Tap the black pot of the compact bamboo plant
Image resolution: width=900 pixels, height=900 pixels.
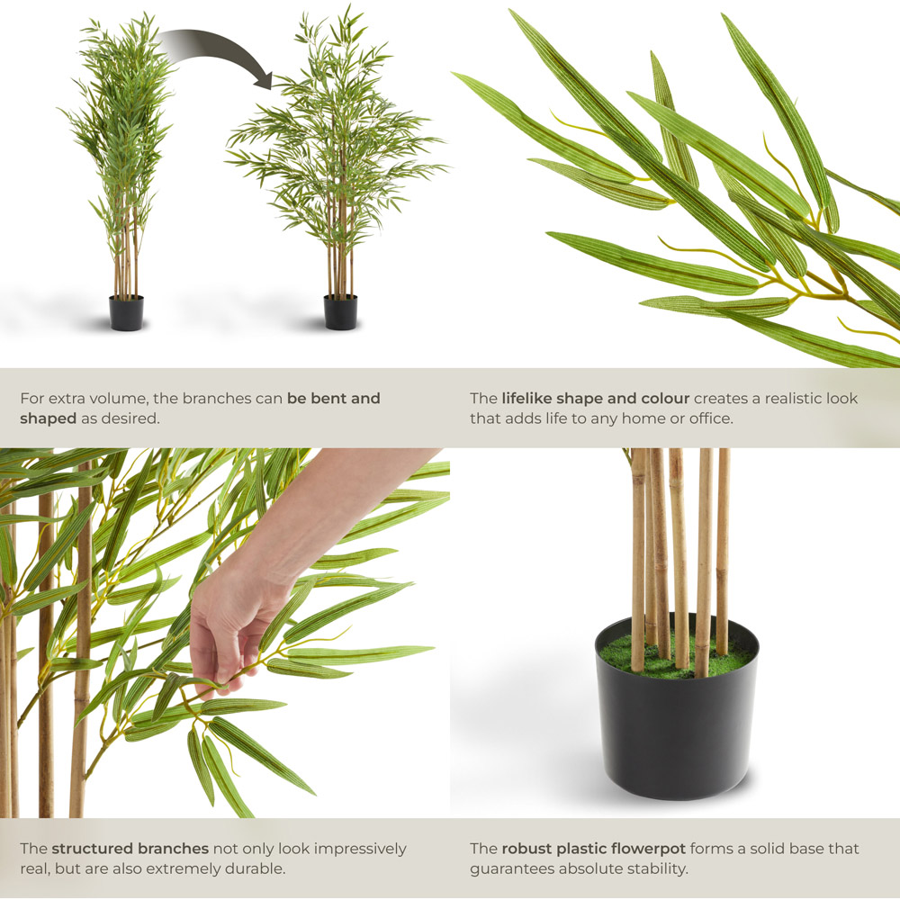point(126,313)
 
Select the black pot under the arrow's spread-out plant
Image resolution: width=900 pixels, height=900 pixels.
point(340,312)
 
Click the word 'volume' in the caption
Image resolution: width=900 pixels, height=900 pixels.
point(139,399)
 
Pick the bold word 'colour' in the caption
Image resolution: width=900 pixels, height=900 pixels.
point(665,399)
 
